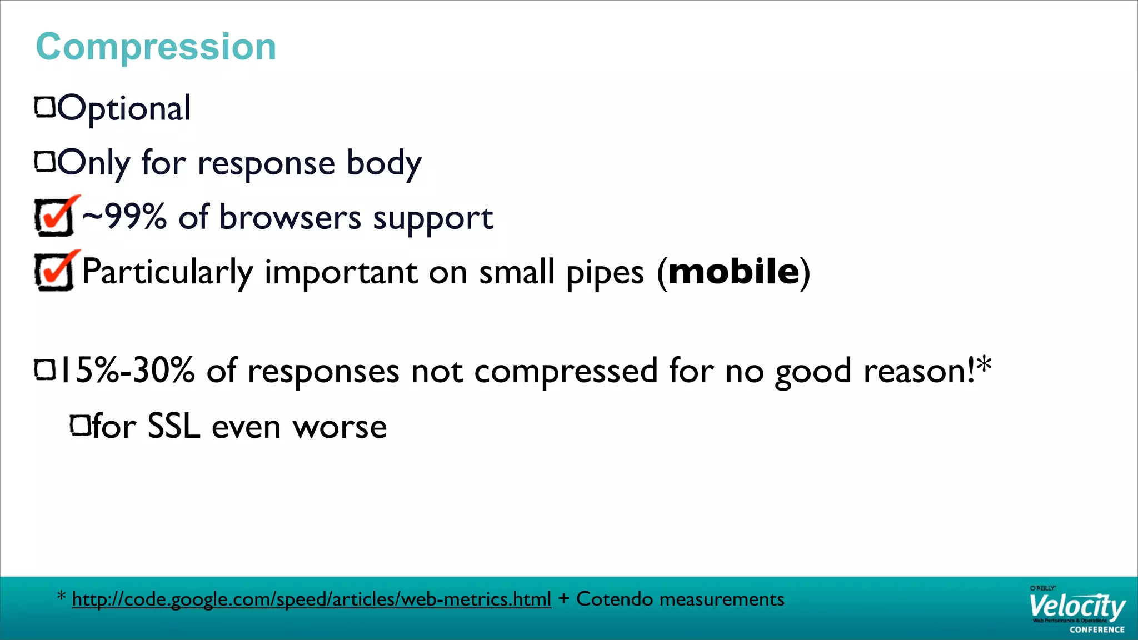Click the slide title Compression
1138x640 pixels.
click(x=156, y=47)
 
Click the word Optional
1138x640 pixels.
click(x=124, y=108)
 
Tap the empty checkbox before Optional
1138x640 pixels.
click(x=45, y=107)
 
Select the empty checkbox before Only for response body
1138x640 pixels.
click(x=45, y=162)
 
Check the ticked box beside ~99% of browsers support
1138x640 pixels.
click(x=54, y=216)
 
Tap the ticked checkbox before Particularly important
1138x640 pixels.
click(x=54, y=271)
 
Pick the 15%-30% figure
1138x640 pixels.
click(x=127, y=371)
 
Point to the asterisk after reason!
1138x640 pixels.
click(x=984, y=364)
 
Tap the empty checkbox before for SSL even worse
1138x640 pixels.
click(x=80, y=426)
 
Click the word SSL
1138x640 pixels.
click(x=173, y=427)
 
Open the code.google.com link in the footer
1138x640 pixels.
click(x=311, y=599)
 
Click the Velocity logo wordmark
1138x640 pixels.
click(x=1076, y=607)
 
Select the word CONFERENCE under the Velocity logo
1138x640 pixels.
click(x=1097, y=629)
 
